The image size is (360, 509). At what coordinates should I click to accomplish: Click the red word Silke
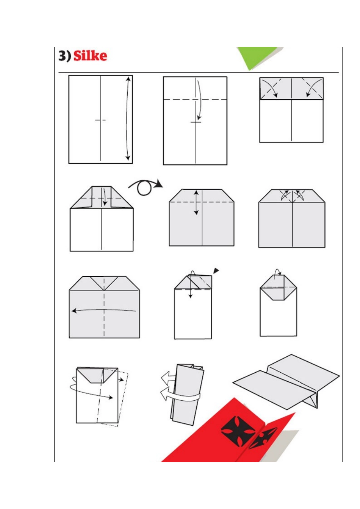point(90,56)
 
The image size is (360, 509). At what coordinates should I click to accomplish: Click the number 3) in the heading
point(65,56)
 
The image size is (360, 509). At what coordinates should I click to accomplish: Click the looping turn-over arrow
point(146,187)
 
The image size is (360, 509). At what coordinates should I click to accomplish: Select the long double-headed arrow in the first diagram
point(127,119)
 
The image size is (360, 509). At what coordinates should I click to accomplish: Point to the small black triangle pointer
point(216,270)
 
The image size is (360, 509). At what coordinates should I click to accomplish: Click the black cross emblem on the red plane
point(238,428)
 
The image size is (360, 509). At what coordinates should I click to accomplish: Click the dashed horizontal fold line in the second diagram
point(195,99)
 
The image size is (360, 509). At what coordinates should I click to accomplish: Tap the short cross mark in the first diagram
point(100,120)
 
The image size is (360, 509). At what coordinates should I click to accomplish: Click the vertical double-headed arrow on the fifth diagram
point(196,203)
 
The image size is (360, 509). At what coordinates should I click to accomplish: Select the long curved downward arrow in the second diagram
point(199,100)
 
